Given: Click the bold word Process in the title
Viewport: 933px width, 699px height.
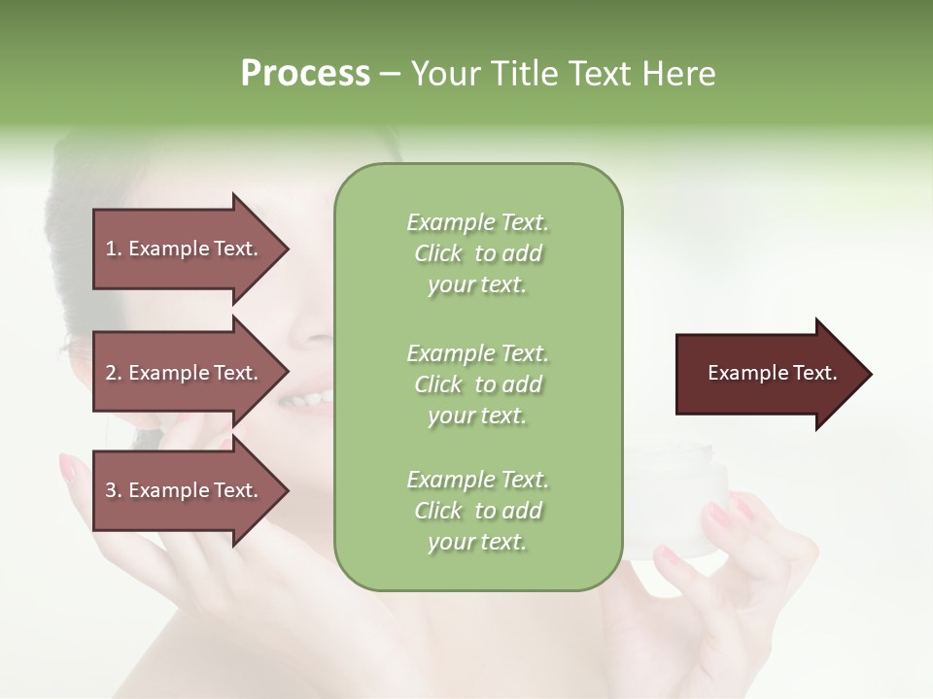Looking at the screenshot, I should [305, 74].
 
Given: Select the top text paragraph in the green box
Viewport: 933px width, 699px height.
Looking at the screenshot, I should [478, 253].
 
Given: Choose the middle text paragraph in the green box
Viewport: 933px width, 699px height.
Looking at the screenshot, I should [478, 384].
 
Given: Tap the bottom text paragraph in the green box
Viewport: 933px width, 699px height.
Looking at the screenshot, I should [478, 511].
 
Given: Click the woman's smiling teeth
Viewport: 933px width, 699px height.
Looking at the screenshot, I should [308, 398].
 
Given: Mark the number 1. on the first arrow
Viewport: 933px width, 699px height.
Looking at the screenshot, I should [114, 249].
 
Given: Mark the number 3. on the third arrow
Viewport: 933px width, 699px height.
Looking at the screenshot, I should [114, 490].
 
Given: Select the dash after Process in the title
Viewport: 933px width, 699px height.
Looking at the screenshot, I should [390, 74].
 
